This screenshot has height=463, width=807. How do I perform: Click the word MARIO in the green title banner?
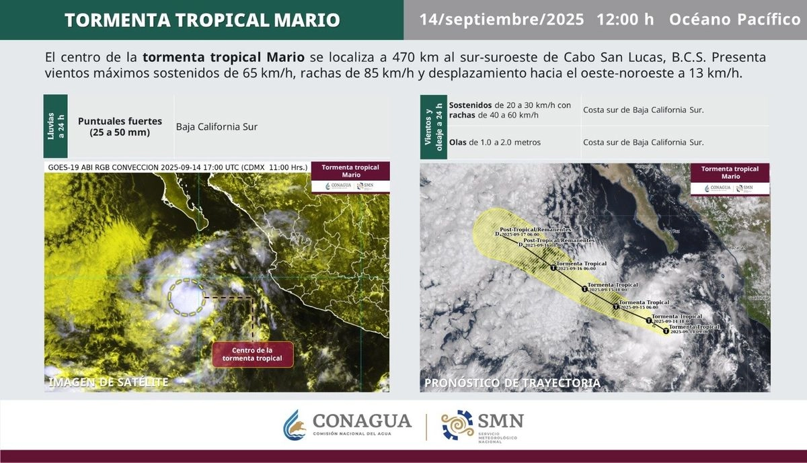coord(304,20)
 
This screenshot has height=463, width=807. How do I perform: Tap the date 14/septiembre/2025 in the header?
coord(502,19)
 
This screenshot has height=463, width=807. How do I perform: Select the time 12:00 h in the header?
coord(625,19)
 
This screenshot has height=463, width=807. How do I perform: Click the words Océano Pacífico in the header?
coord(734,19)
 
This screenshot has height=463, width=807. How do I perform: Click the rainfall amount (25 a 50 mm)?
coord(120,132)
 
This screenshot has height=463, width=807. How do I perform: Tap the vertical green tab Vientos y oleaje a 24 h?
coord(434,126)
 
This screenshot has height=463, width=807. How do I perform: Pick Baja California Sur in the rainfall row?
coord(217,126)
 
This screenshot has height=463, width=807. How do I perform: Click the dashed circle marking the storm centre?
coord(187,297)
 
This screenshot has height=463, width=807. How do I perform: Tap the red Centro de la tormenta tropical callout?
coord(253,354)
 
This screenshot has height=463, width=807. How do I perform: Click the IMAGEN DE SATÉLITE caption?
coord(108,382)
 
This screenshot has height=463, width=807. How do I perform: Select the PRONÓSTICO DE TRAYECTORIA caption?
coord(512,383)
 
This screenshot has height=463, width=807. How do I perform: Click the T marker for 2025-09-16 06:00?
coord(553,268)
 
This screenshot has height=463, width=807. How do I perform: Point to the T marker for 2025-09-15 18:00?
coord(584,289)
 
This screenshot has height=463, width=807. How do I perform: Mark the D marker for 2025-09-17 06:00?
coord(497,235)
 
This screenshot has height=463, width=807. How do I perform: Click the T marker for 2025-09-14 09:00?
coord(666,331)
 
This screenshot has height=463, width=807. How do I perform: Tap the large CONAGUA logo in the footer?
coord(347,425)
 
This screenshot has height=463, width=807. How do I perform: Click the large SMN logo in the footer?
coord(482,425)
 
